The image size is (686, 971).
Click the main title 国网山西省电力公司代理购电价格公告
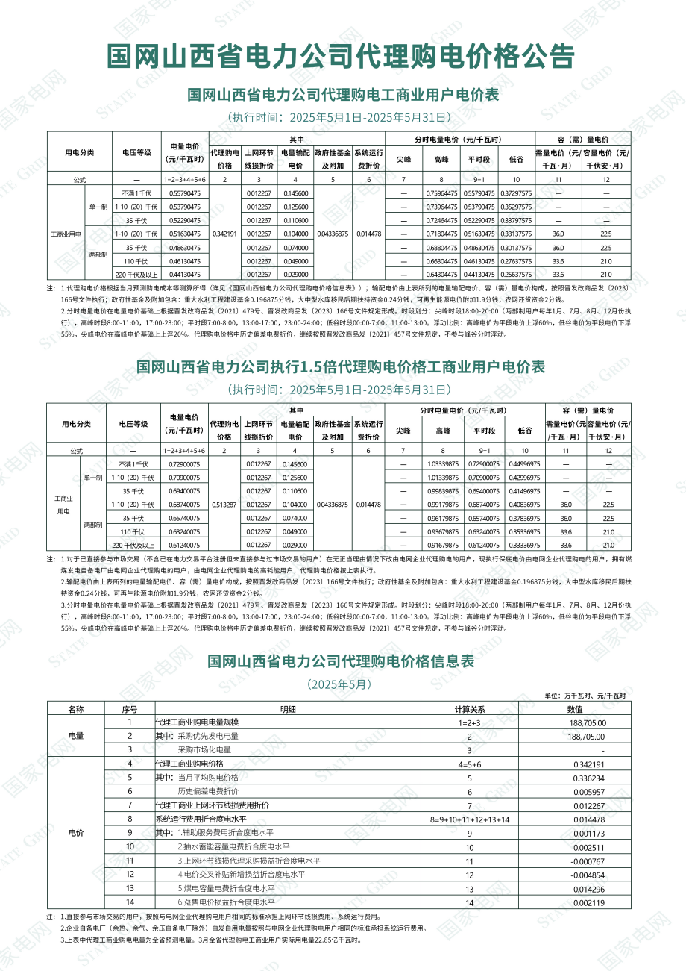click(342, 56)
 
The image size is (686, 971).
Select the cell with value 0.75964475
click(441, 193)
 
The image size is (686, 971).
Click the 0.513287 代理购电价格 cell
click(224, 505)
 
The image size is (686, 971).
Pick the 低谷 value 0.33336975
click(525, 546)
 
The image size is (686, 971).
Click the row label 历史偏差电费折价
click(208, 791)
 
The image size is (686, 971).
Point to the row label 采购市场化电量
click(204, 749)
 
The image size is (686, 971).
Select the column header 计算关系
click(470, 709)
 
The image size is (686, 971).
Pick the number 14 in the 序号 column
click(130, 903)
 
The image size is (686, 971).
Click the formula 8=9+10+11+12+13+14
click(470, 819)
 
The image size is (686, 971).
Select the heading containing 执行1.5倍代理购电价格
click(341, 367)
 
